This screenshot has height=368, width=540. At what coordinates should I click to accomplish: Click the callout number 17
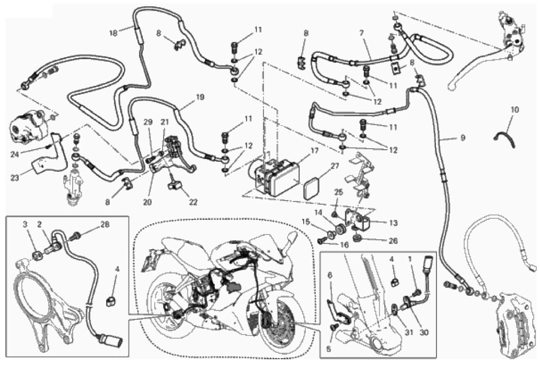click(314, 151)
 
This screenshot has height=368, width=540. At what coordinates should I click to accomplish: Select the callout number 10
click(514, 110)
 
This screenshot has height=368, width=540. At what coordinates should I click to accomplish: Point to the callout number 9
click(463, 138)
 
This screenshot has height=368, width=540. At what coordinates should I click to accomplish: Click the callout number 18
click(113, 33)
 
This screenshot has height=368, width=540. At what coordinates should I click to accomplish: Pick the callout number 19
click(200, 97)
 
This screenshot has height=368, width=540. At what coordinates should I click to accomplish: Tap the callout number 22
click(193, 202)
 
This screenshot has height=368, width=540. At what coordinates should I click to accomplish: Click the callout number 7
click(361, 33)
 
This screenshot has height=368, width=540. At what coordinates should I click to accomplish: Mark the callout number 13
click(393, 223)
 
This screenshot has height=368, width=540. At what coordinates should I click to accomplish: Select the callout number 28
click(105, 225)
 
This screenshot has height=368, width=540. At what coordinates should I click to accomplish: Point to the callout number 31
click(409, 333)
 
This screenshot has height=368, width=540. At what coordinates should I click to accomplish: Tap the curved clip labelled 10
click(504, 137)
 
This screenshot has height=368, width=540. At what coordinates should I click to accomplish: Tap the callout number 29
click(148, 122)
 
